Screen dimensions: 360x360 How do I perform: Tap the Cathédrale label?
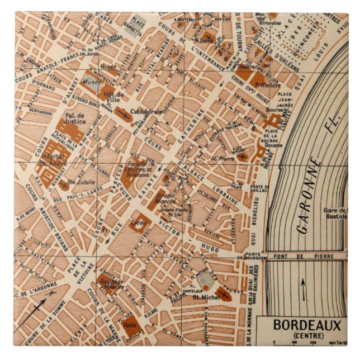pyautogui.click(x=146, y=111)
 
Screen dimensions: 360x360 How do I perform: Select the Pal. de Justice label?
pyautogui.click(x=74, y=117)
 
